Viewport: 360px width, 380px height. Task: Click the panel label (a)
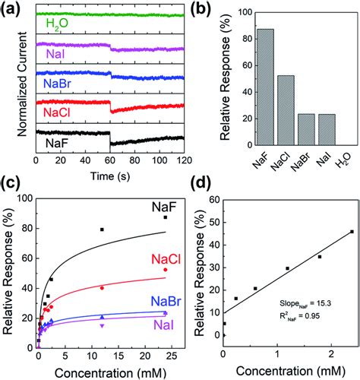(x=14, y=10)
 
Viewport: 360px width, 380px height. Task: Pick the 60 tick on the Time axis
(x=110, y=163)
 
